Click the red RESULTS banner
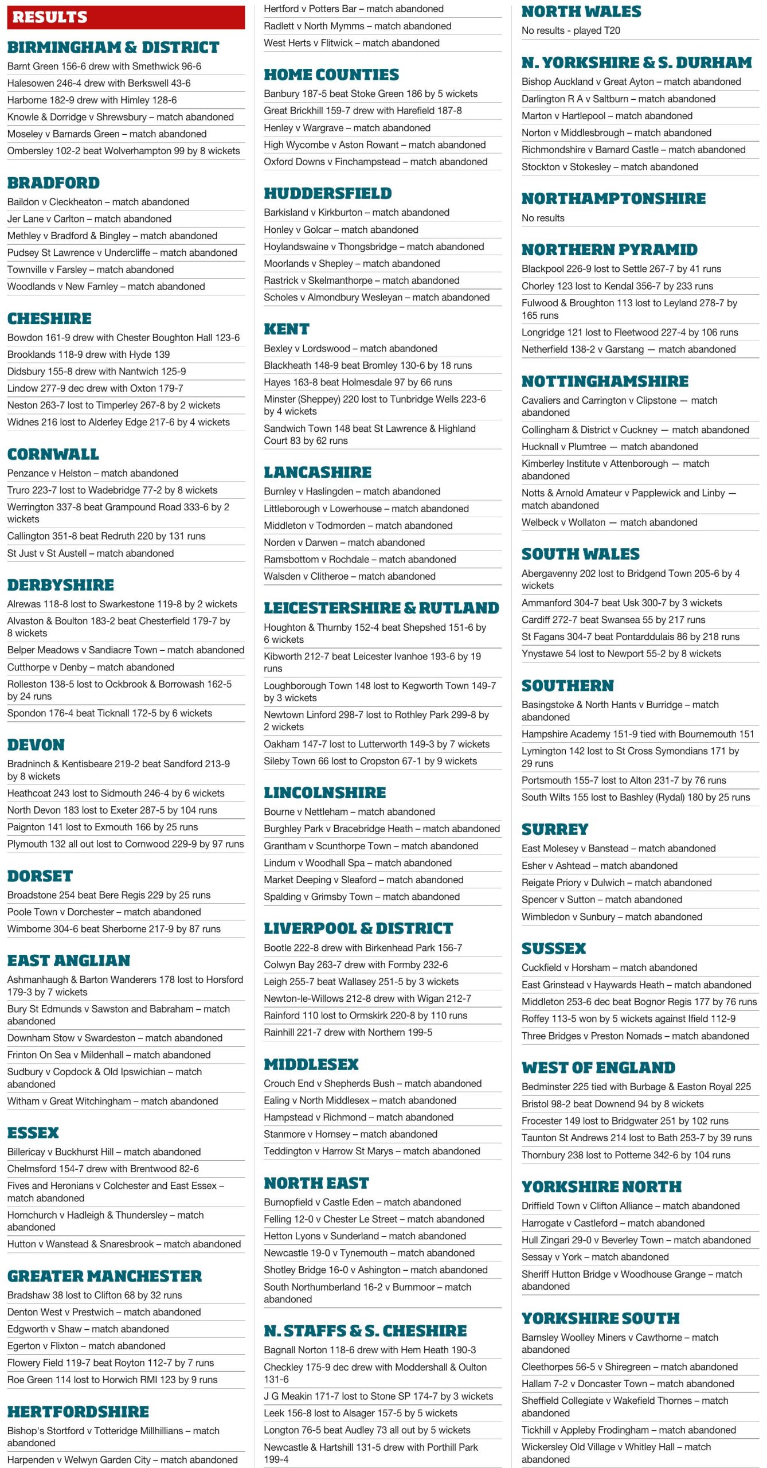pyautogui.click(x=126, y=17)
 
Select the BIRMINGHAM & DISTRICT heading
pyautogui.click(x=113, y=47)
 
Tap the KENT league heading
pyautogui.click(x=286, y=329)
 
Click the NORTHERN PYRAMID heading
pyautogui.click(x=609, y=249)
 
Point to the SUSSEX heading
pyautogui.click(x=553, y=948)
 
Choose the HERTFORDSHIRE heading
pyautogui.click(x=78, y=1412)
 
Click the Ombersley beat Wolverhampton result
pyautogui.click(x=123, y=151)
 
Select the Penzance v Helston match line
pyautogui.click(x=92, y=473)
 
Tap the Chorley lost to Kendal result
pyautogui.click(x=617, y=286)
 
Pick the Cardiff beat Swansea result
pyautogui.click(x=613, y=619)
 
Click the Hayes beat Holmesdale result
pyautogui.click(x=357, y=382)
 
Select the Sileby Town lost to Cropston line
pyautogui.click(x=370, y=761)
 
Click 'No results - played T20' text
pyautogui.click(x=570, y=30)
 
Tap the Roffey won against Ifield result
pyautogui.click(x=628, y=1018)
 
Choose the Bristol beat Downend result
pyautogui.click(x=612, y=1104)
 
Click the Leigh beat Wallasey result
pyautogui.click(x=361, y=982)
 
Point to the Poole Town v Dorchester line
pyautogui.click(x=104, y=912)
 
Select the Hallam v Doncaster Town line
pyautogui.click(x=627, y=1384)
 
